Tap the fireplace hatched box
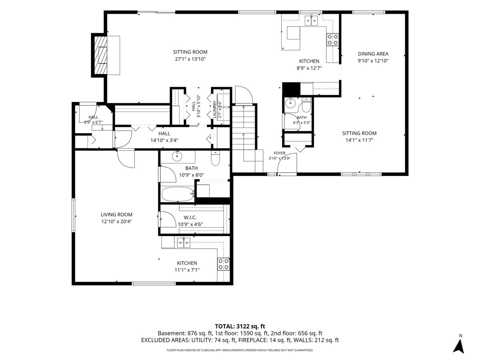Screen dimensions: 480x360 point(100,55)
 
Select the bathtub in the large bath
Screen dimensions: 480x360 point(178,194)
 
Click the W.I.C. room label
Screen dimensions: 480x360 point(190,218)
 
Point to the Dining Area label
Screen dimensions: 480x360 point(373,54)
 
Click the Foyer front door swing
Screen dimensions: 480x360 point(287,163)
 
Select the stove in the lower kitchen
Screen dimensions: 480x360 point(224,264)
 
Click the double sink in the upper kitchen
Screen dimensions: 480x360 point(311,20)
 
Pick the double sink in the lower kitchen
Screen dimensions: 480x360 point(184,243)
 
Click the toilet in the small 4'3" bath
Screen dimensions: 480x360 point(306,105)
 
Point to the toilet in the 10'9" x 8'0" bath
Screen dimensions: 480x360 point(215,158)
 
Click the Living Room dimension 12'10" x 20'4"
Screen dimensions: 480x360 point(116,222)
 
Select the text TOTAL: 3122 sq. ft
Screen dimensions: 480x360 point(240,326)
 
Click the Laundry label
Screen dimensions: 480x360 point(214,109)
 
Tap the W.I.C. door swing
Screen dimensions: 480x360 point(168,219)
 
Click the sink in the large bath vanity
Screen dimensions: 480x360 point(177,156)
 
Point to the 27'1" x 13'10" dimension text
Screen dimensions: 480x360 point(190,59)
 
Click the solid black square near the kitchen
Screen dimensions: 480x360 point(291,89)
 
